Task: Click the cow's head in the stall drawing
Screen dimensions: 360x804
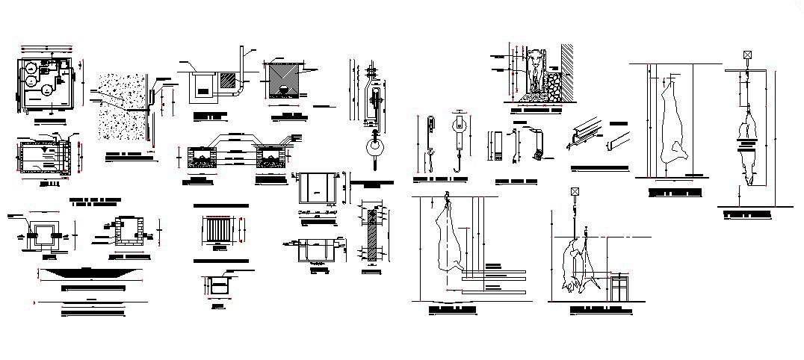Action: (534, 58)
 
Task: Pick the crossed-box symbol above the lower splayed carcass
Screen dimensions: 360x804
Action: (575, 192)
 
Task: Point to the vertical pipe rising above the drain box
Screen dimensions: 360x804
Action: (242, 63)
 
